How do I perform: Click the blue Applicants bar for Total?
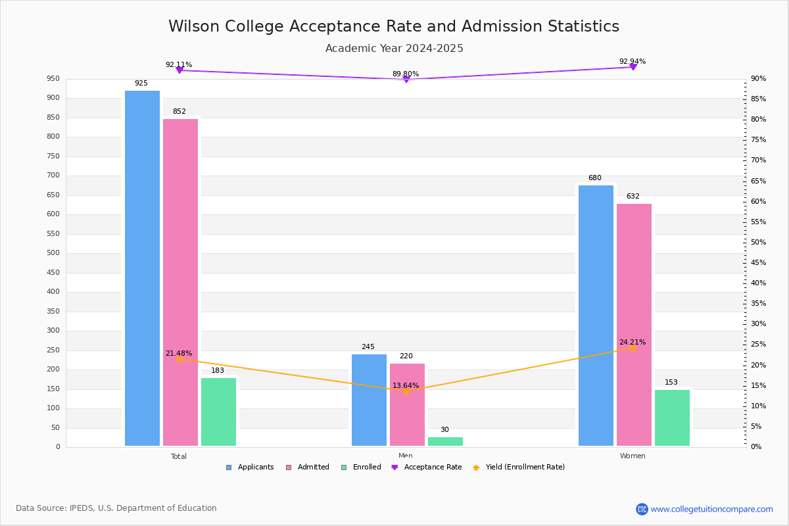point(142,268)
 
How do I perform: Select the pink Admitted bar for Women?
point(634,325)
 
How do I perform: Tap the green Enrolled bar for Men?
point(445,441)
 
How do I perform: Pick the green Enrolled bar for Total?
point(218,412)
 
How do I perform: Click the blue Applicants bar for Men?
point(369,400)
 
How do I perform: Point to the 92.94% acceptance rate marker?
point(633,66)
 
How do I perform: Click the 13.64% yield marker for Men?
point(406,391)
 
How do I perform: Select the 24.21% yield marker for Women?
point(633,348)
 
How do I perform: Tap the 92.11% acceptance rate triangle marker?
point(179,70)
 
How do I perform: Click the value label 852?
point(179,111)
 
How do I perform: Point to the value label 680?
point(595,178)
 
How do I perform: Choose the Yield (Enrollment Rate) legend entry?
point(519,467)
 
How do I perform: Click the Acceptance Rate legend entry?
point(427,467)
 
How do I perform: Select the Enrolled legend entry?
point(361,467)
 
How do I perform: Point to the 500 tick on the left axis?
point(53,253)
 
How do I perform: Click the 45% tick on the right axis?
point(758,262)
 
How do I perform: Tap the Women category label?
point(633,456)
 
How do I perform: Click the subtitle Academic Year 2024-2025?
point(394,48)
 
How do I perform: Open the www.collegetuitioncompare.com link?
point(711,509)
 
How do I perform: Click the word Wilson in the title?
point(194,26)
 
